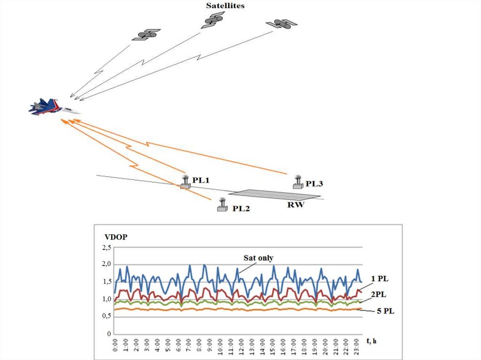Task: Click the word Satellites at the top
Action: (225, 6)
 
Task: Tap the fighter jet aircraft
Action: (52, 107)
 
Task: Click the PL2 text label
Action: (241, 208)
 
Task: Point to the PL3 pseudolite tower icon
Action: (297, 182)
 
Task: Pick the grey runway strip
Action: (275, 194)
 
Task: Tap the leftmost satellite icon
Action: (146, 35)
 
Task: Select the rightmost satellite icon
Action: (281, 23)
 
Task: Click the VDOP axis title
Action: (112, 237)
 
